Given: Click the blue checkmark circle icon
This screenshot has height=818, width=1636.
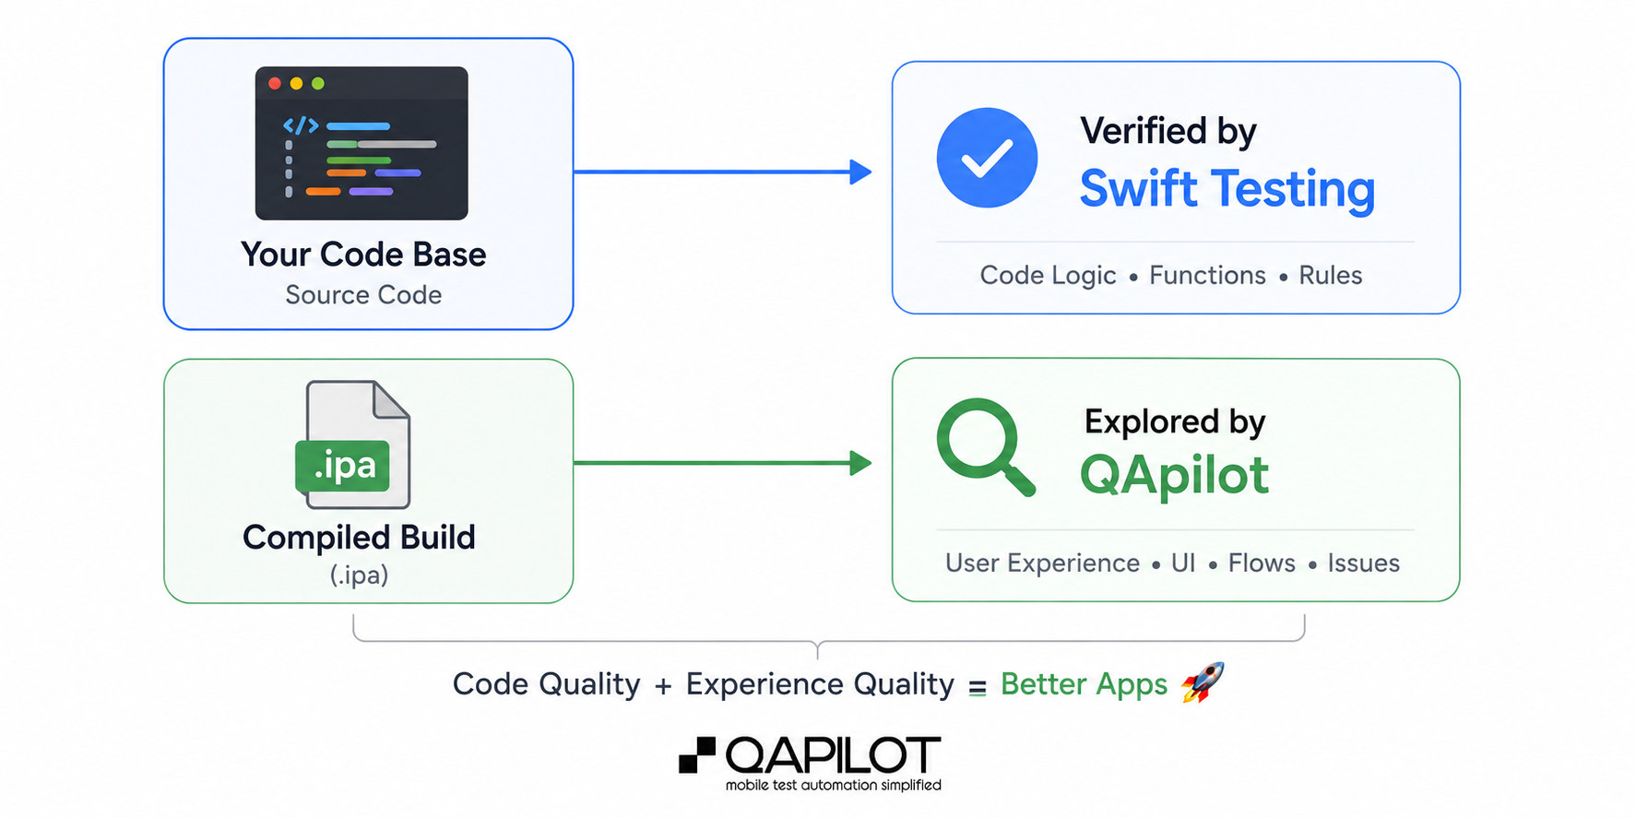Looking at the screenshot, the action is (987, 158).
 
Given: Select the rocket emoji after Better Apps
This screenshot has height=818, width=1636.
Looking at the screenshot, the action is (1203, 682).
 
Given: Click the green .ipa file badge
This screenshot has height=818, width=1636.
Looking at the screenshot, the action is (342, 466).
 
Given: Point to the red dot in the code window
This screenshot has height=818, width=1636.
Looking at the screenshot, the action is (275, 84).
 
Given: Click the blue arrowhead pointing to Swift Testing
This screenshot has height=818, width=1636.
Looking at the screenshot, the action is (860, 172).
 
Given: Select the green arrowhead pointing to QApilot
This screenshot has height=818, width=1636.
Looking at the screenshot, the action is (860, 463).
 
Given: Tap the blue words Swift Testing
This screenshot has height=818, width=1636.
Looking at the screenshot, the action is (1227, 190).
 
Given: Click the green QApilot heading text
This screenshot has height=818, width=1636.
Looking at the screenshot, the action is (1174, 476).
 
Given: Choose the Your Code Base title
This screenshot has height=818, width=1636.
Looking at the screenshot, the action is (363, 255).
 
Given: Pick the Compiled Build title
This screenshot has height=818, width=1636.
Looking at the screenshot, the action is (359, 538).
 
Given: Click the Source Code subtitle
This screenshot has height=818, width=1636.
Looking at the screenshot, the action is (363, 295).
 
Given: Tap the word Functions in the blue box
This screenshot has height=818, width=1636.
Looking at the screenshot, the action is (1207, 275).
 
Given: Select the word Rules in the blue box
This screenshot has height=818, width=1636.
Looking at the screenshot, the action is (1330, 275).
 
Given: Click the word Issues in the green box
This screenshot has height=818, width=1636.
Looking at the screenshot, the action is (1363, 563).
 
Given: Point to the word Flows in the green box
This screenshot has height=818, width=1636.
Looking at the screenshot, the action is (1262, 563).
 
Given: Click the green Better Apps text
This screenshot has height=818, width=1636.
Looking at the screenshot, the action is (1084, 684).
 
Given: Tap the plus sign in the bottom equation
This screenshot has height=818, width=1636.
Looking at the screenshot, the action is (663, 686).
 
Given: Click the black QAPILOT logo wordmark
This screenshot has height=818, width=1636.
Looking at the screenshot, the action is (833, 755).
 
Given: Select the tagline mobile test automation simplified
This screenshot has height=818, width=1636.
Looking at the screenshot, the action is (833, 785).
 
